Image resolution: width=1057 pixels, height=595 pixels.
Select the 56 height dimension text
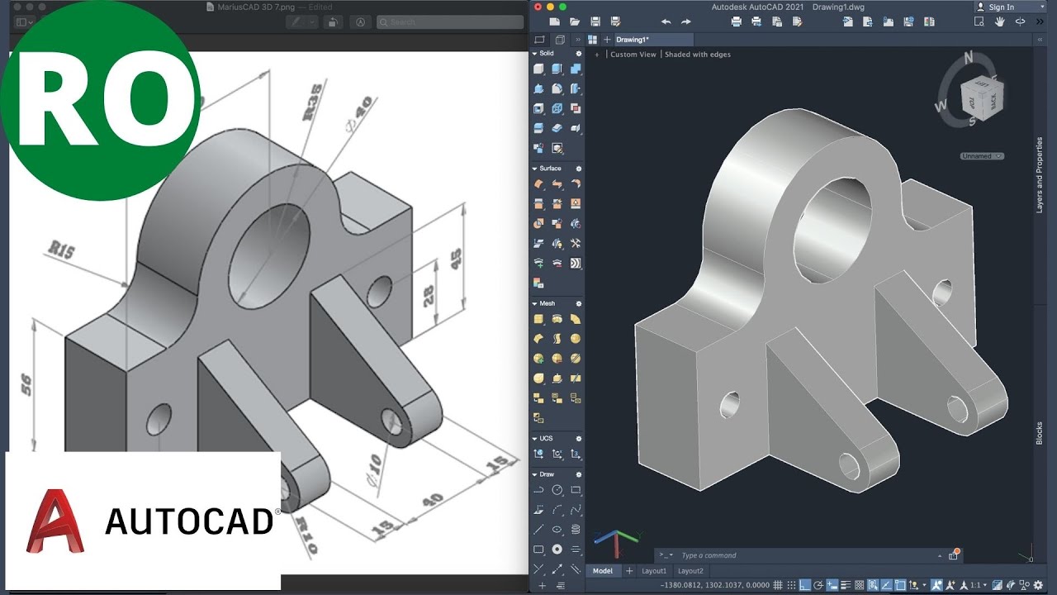26,384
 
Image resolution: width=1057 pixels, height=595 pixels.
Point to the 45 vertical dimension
455,259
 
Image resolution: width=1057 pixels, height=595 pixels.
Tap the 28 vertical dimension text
428,296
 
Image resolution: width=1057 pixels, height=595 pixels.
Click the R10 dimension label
306,535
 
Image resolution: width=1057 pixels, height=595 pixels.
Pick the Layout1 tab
654,571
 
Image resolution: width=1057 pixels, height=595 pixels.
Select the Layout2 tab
690,571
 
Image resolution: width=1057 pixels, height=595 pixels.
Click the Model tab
603,571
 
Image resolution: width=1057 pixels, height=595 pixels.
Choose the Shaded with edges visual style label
698,55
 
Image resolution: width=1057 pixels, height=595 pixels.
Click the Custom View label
633,55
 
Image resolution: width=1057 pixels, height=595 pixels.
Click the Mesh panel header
547,303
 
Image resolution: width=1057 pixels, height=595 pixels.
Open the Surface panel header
550,169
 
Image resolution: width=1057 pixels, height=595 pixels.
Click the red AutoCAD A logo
56,521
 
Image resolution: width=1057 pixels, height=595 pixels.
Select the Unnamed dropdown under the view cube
982,156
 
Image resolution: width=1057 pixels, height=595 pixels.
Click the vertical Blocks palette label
1040,434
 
